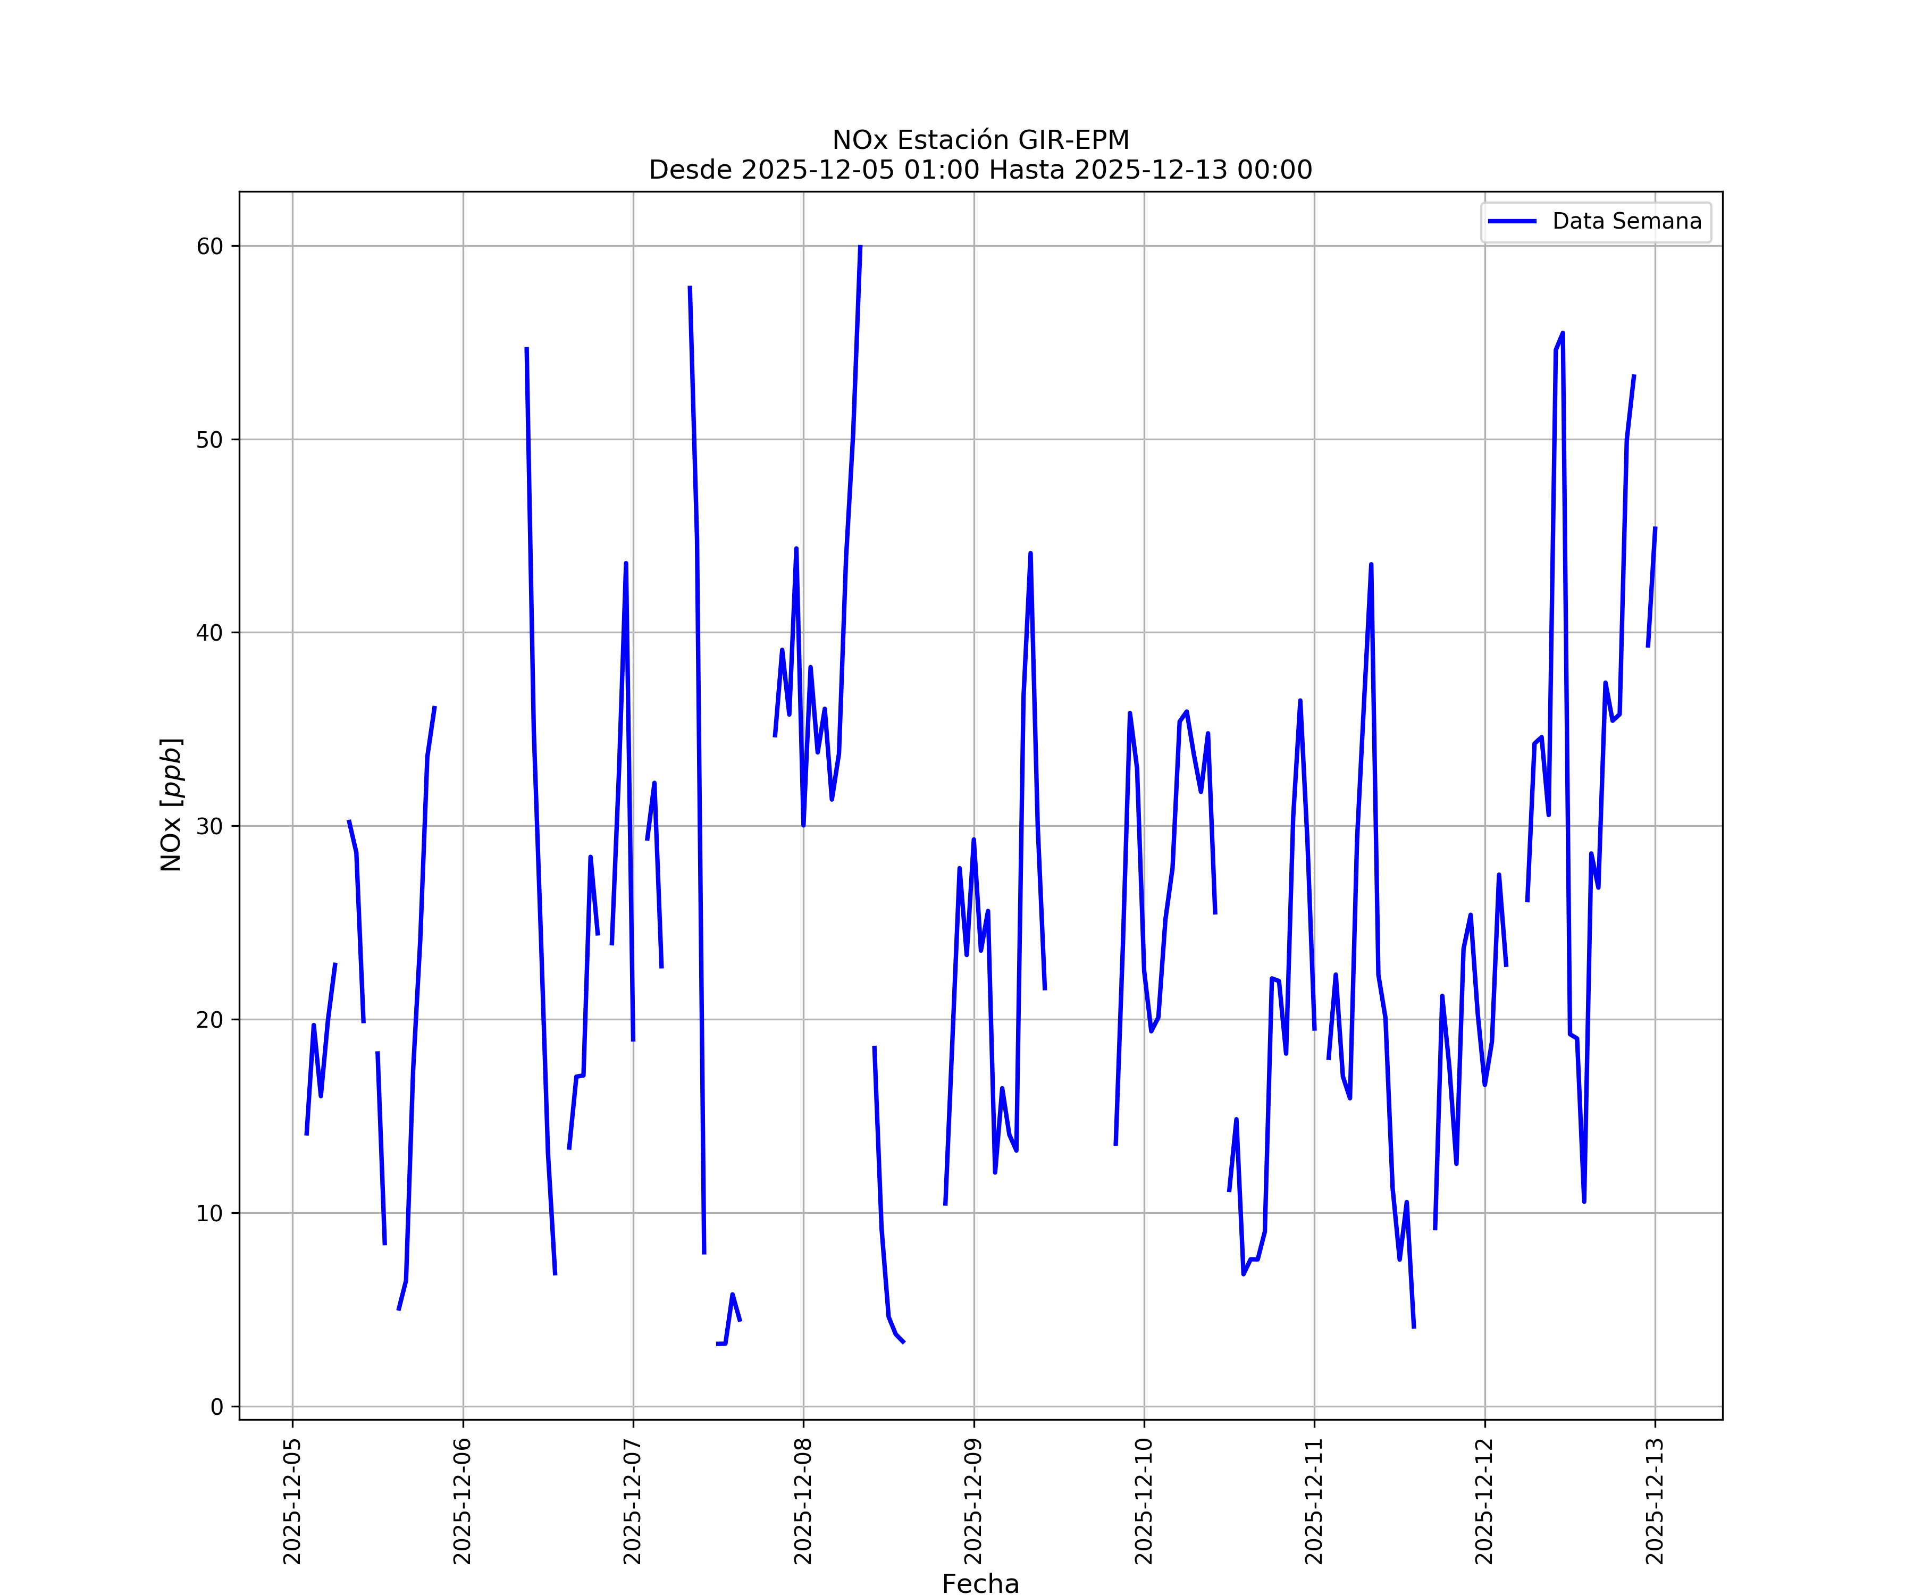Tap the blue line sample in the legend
1512,222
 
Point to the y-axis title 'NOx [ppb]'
171,805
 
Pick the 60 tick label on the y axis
209,246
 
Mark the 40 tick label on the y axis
209,633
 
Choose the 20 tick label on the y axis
209,1019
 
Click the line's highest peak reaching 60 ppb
860,247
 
